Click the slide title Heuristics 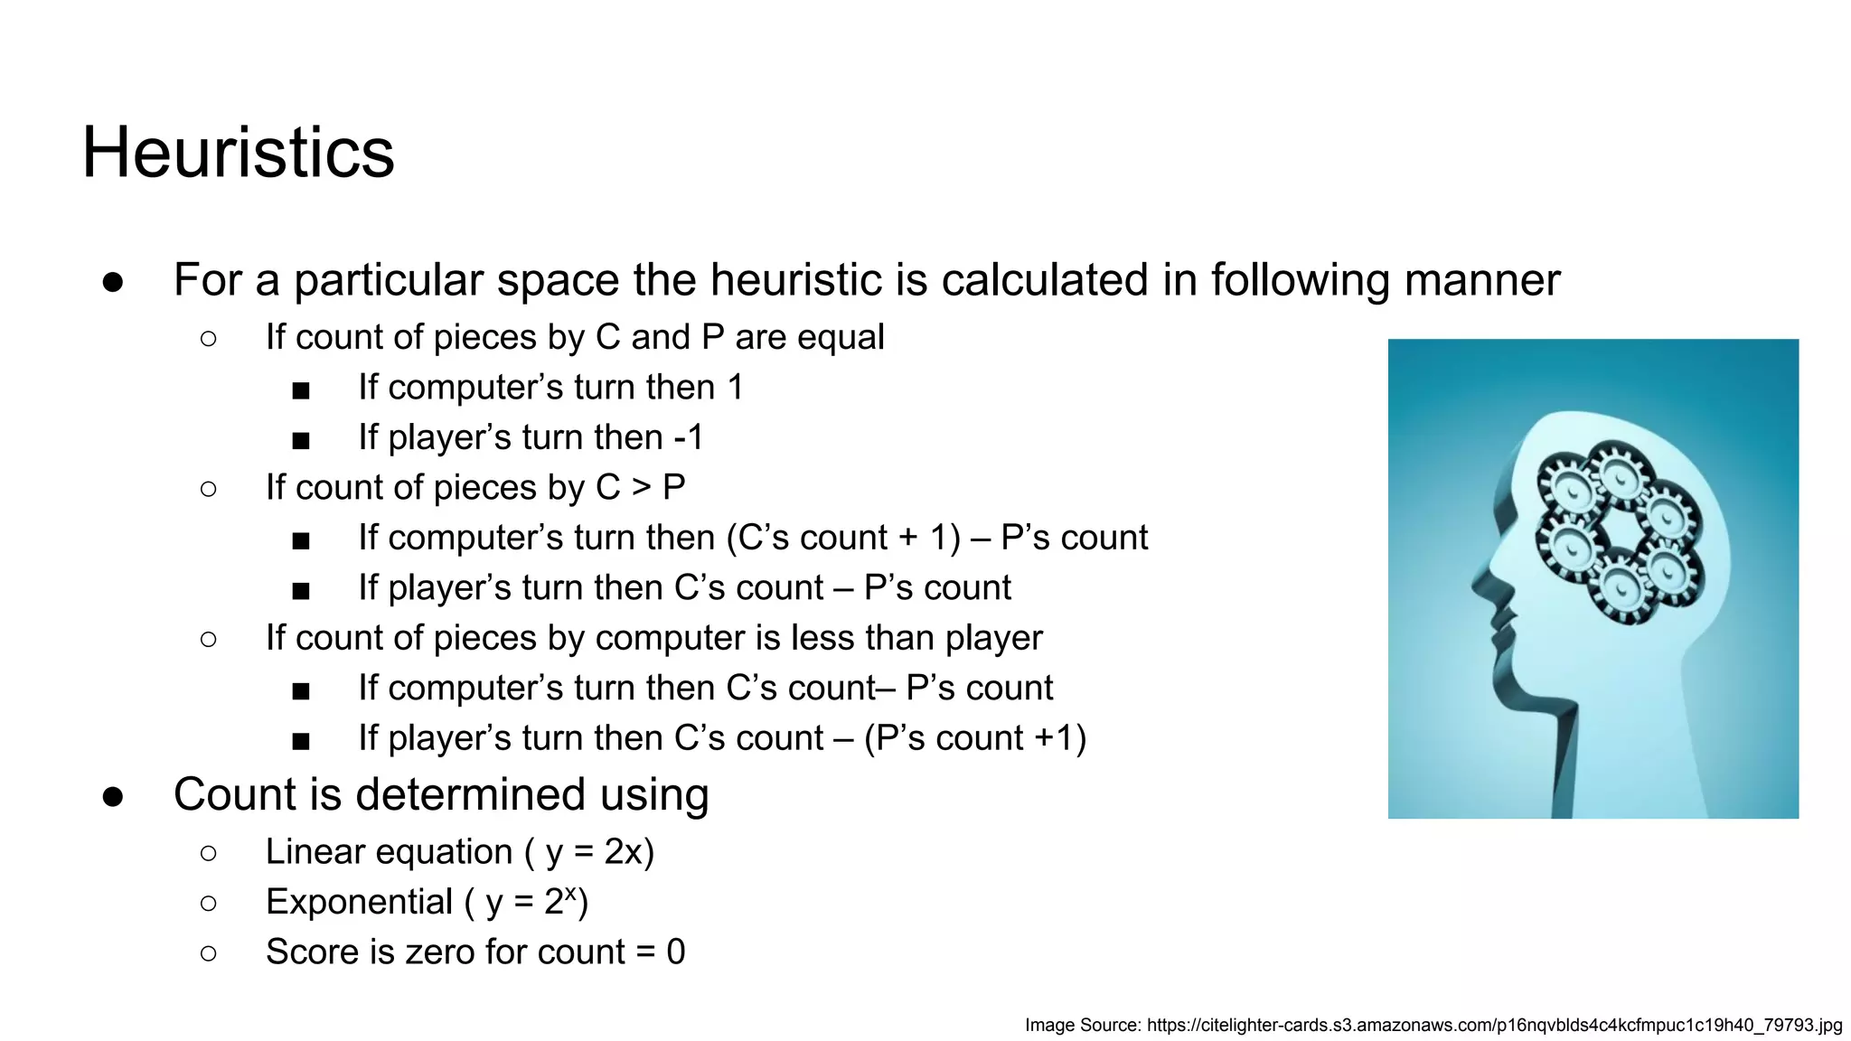238,152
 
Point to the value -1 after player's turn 688,437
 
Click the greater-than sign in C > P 641,488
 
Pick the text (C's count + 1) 842,538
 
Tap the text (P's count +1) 974,738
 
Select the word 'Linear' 389,852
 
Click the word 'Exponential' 359,902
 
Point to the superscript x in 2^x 570,893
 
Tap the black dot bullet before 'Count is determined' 113,796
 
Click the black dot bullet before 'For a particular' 113,282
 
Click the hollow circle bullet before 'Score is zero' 209,952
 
